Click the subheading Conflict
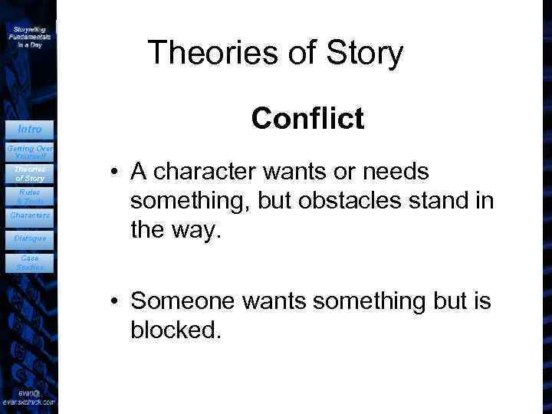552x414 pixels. tap(307, 119)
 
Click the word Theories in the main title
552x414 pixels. tap(202, 53)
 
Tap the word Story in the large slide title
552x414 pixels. tap(363, 53)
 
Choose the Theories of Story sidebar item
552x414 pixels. tap(29, 174)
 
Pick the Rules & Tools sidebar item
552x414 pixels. tap(29, 196)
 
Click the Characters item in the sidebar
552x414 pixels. tap(28, 216)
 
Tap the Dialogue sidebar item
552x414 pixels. tap(29, 238)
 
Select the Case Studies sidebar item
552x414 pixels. tap(29, 263)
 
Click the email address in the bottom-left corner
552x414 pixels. tap(28, 396)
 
